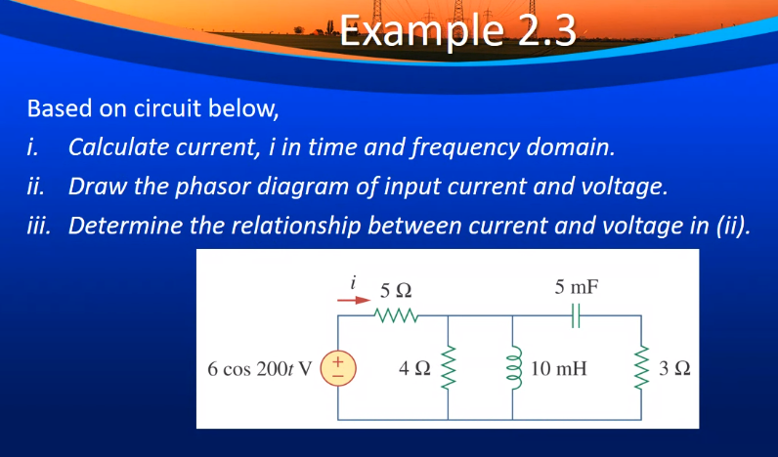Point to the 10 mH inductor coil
pos(514,368)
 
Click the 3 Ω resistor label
pos(673,368)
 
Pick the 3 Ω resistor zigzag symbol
pos(641,368)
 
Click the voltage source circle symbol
pos(338,369)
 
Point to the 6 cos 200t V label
pos(260,369)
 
